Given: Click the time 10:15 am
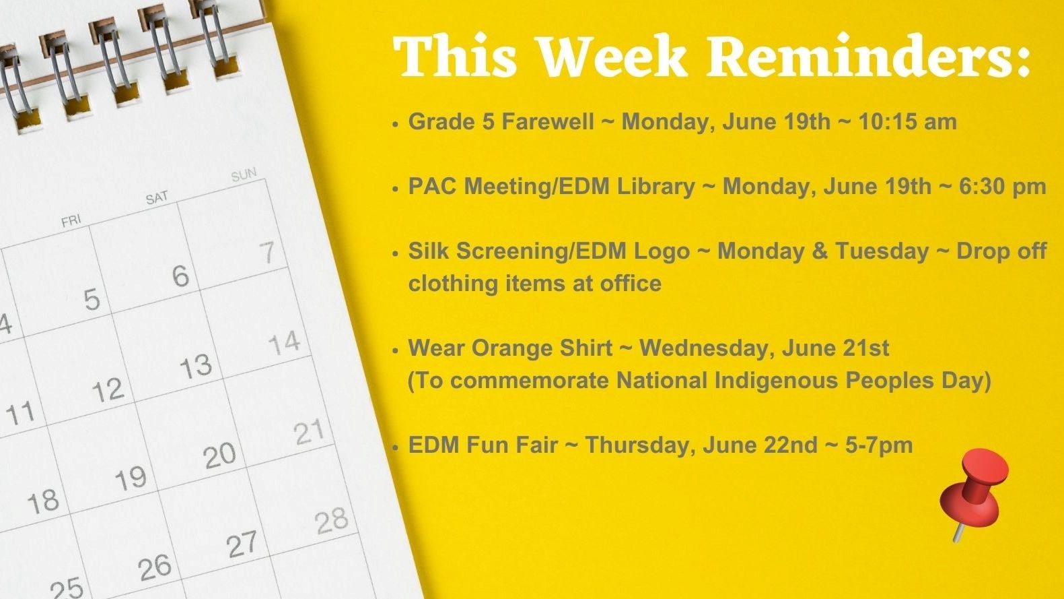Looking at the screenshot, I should tap(907, 122).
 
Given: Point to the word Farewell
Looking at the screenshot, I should tap(548, 122).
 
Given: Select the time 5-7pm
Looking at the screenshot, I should tap(879, 445).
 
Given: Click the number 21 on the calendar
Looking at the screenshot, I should tap(310, 432).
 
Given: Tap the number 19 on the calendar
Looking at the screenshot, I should tap(131, 478).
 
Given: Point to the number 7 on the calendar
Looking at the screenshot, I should tap(267, 252).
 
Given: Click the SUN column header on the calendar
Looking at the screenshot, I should tap(244, 175).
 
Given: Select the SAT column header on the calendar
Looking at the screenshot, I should tap(157, 198).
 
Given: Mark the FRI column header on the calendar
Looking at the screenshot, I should tap(71, 220).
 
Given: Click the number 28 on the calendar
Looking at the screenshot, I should tap(331, 521).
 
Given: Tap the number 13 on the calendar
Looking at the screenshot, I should tap(196, 367).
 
